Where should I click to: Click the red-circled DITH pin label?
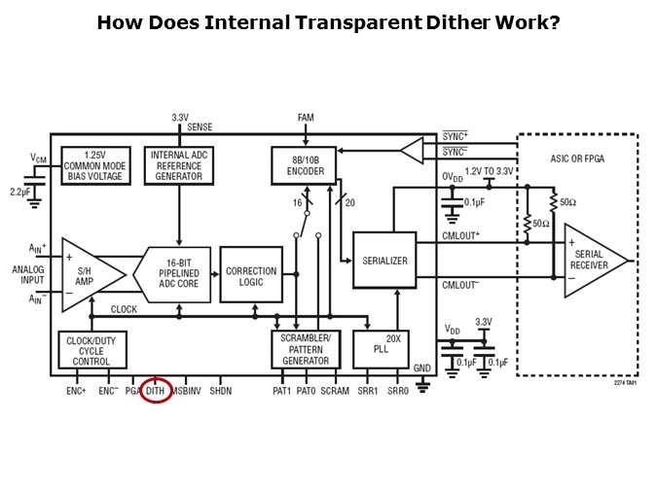pos(156,390)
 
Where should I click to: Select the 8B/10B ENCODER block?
pos(304,165)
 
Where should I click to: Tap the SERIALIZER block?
pos(384,261)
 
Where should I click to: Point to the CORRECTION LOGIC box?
pos(250,277)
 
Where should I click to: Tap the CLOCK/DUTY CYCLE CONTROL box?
pos(92,349)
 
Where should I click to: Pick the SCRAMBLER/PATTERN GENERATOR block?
pos(305,348)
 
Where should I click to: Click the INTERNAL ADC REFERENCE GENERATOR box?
pos(178,165)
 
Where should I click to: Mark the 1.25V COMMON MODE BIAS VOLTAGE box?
pos(95,165)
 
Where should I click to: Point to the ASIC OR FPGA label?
pos(576,158)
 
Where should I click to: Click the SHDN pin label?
pos(221,390)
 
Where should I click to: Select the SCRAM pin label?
pos(335,390)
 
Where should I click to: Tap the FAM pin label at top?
pos(306,118)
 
